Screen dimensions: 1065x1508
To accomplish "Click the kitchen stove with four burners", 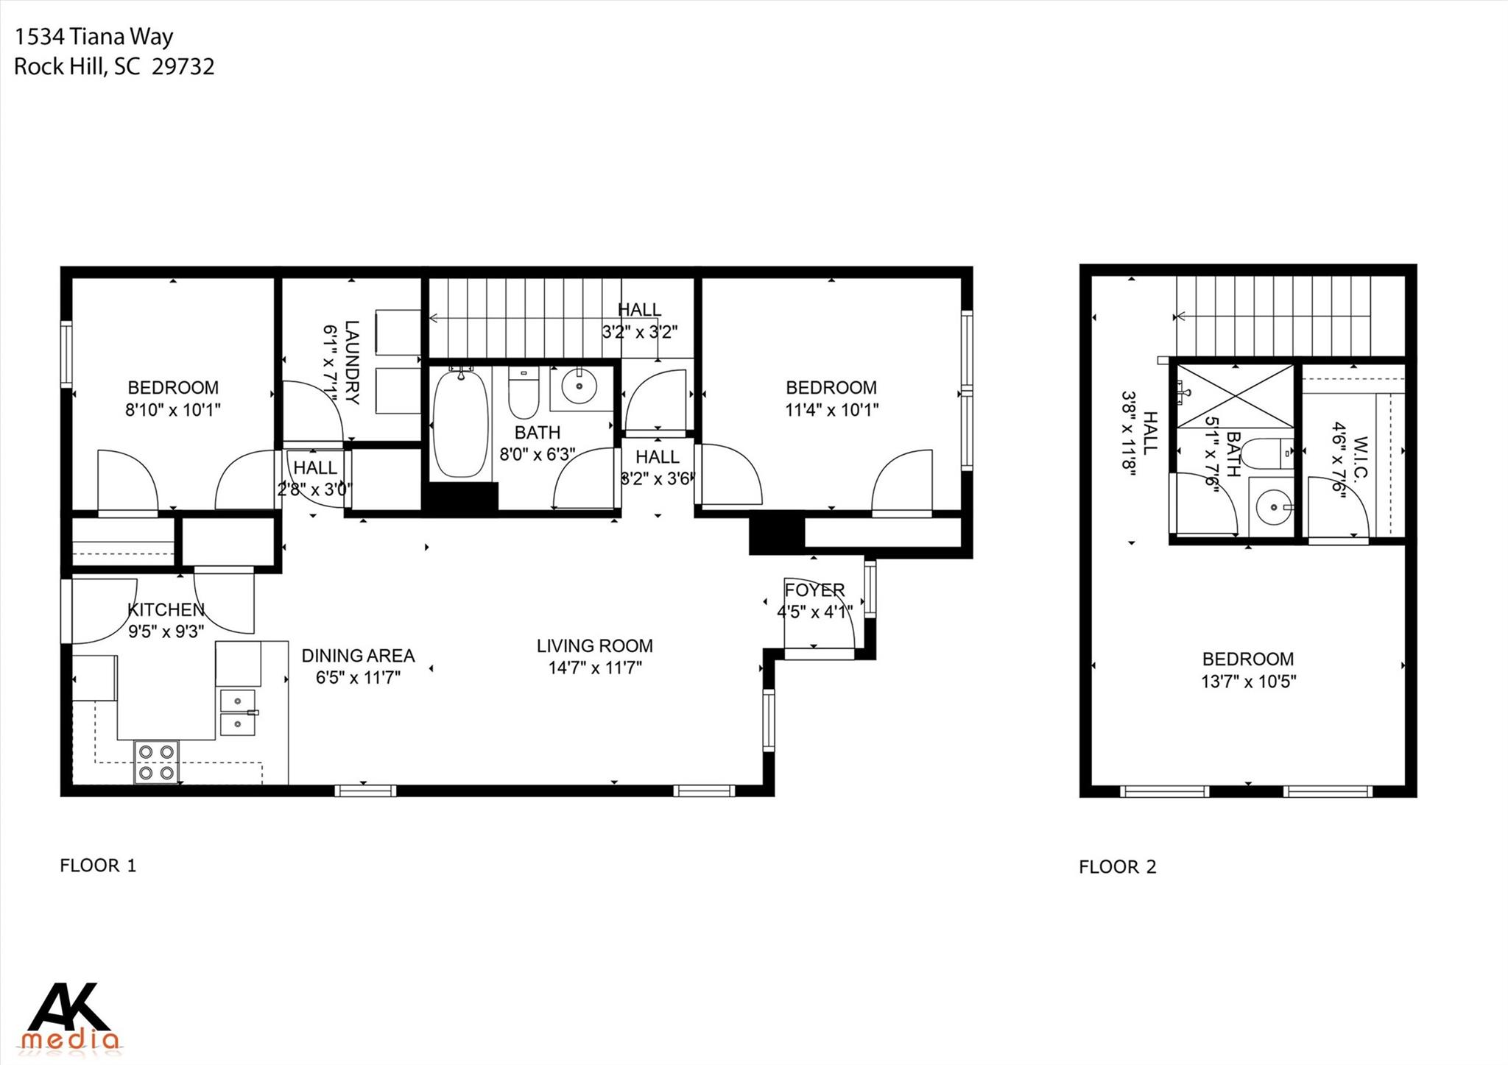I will [x=157, y=763].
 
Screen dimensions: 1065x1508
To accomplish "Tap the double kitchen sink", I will [x=237, y=712].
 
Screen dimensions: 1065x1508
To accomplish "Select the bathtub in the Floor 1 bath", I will [x=460, y=424].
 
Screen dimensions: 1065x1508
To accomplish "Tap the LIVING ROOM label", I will [x=594, y=646].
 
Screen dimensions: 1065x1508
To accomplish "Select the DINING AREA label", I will [x=358, y=656].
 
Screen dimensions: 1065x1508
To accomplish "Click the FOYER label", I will [x=814, y=590].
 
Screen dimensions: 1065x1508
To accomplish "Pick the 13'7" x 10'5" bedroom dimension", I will [x=1248, y=682].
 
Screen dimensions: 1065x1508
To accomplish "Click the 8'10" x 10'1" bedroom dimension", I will [x=173, y=410].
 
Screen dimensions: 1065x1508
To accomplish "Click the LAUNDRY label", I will [x=352, y=362].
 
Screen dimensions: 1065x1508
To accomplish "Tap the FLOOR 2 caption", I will [x=1117, y=867].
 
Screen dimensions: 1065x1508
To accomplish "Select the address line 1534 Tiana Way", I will [x=94, y=37].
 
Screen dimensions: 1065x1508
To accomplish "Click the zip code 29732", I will [x=183, y=67].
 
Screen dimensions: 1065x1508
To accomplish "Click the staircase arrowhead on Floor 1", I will [x=434, y=318].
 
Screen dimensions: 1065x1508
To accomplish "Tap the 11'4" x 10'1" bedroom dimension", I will [x=831, y=410].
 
